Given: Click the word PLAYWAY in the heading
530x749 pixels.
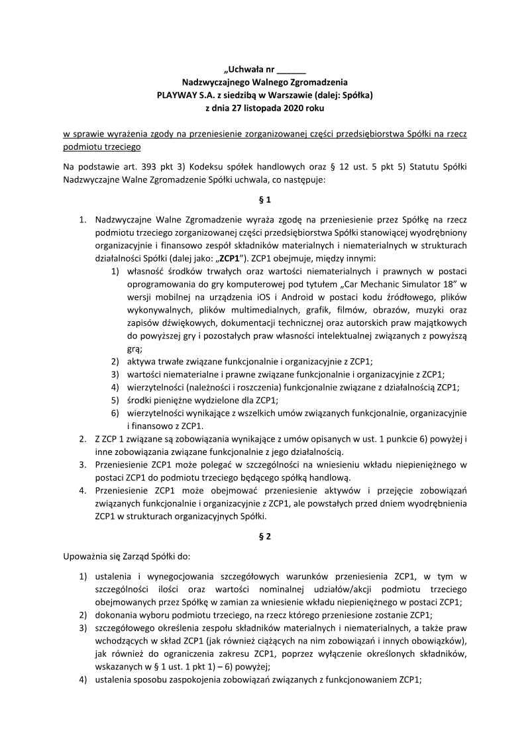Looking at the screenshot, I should (178, 95).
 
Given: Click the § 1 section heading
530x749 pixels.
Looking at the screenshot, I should (264, 199).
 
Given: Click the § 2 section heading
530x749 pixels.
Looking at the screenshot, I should (264, 537).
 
